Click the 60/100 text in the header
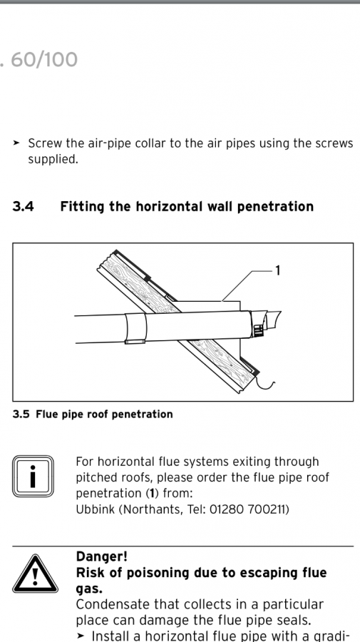(x=43, y=60)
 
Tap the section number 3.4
(x=24, y=206)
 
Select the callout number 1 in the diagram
(x=278, y=270)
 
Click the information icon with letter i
(x=33, y=477)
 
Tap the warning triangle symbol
(x=35, y=574)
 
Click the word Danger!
(x=102, y=556)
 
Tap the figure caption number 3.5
(x=21, y=414)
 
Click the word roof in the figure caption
(x=96, y=414)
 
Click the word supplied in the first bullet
(x=53, y=160)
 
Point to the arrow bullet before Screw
(x=16, y=143)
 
